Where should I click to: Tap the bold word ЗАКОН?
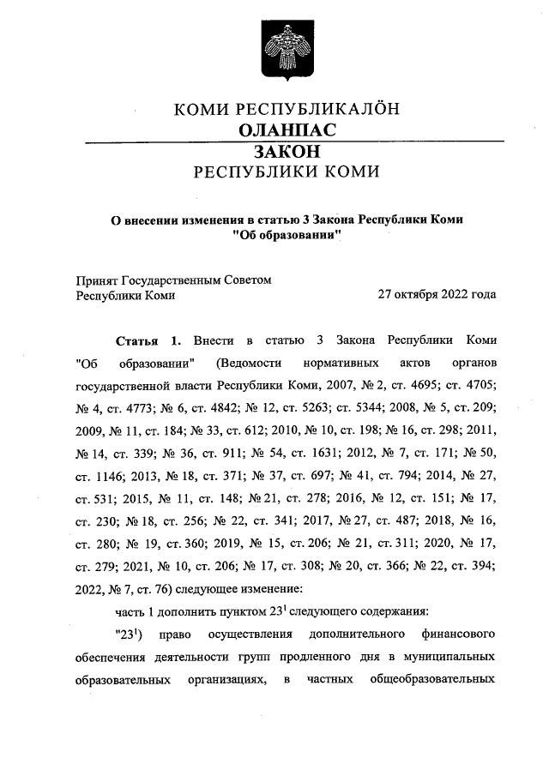pos(287,150)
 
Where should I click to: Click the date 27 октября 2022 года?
pos(437,294)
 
